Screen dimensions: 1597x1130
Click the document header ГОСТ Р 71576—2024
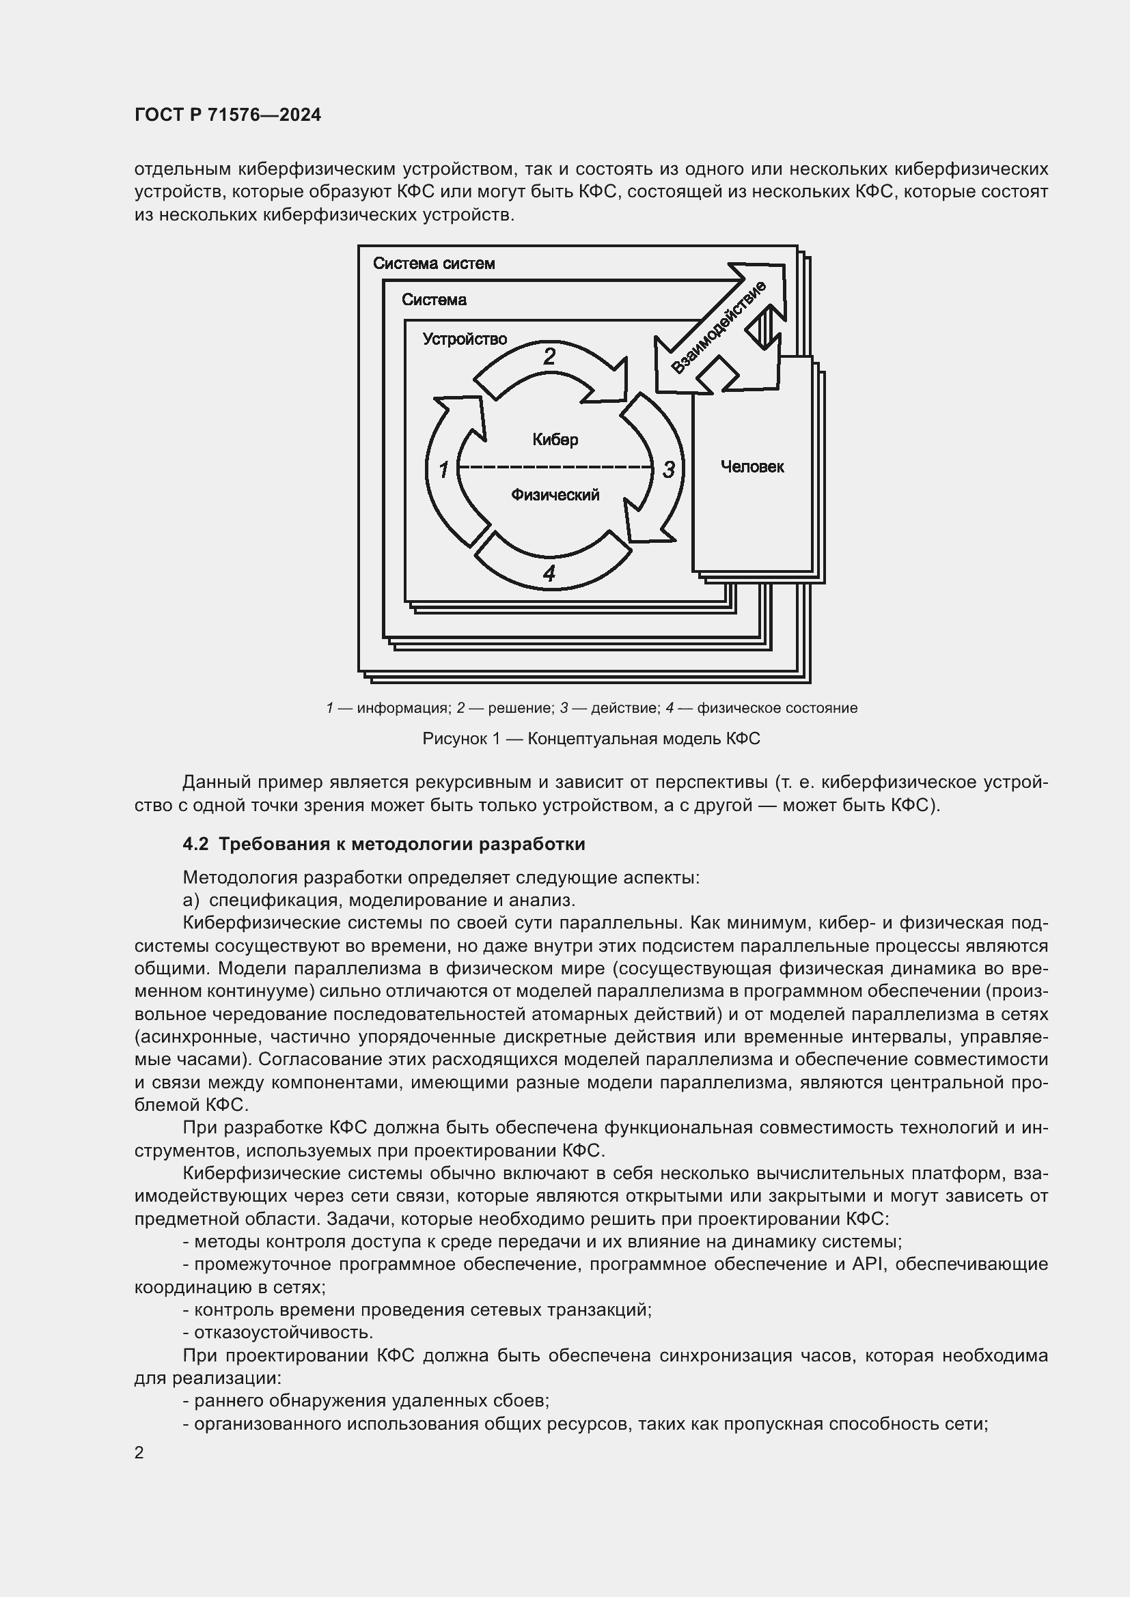pos(228,115)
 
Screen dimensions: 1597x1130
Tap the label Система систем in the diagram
pos(434,264)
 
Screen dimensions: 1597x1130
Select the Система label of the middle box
pos(434,300)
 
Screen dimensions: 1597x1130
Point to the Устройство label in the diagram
pos(465,339)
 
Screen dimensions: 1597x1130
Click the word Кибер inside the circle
pos(555,440)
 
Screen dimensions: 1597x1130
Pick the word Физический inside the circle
pos(555,495)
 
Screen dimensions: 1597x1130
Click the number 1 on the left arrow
pos(443,470)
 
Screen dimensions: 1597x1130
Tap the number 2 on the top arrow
pos(549,357)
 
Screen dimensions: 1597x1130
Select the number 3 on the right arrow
pos(668,470)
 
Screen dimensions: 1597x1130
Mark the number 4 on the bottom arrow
pos(549,574)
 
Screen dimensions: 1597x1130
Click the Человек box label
pos(752,467)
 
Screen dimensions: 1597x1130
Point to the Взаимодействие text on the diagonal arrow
pos(718,328)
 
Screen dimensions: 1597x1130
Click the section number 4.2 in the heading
pos(195,844)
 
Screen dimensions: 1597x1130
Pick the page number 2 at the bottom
pos(139,1452)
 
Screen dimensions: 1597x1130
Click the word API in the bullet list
pos(868,1264)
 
